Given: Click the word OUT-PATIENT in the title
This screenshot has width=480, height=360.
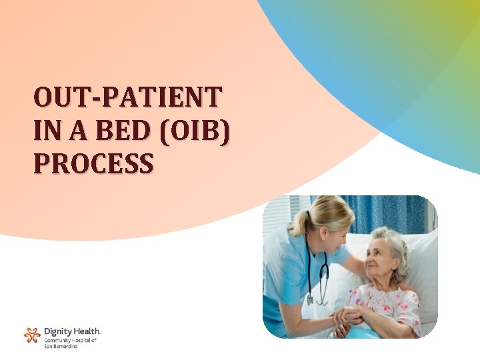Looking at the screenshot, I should pos(127,98).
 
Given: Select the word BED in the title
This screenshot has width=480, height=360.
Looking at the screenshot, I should pos(113,131).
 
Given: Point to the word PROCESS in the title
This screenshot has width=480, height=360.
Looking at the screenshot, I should pos(93,163).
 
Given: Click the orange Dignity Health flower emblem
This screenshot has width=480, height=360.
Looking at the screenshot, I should pos(31,335).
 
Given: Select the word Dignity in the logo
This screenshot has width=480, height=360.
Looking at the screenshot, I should pos(58,331).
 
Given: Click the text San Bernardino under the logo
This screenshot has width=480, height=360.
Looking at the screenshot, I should pos(61,347).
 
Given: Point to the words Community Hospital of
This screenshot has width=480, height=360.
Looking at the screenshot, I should pos(71,340).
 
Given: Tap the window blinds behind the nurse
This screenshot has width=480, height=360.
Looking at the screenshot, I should pos(277,213).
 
